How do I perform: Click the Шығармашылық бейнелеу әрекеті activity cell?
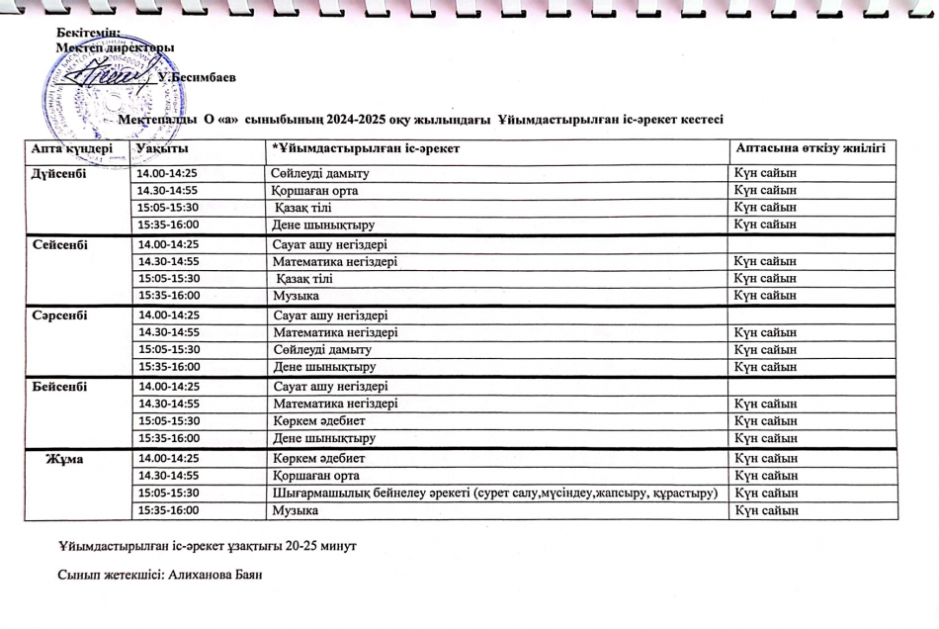494,493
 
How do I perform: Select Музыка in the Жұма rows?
296,510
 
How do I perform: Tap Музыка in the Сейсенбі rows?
296,296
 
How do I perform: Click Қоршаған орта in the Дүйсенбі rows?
314,191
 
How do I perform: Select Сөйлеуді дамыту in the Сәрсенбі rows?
321,350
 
